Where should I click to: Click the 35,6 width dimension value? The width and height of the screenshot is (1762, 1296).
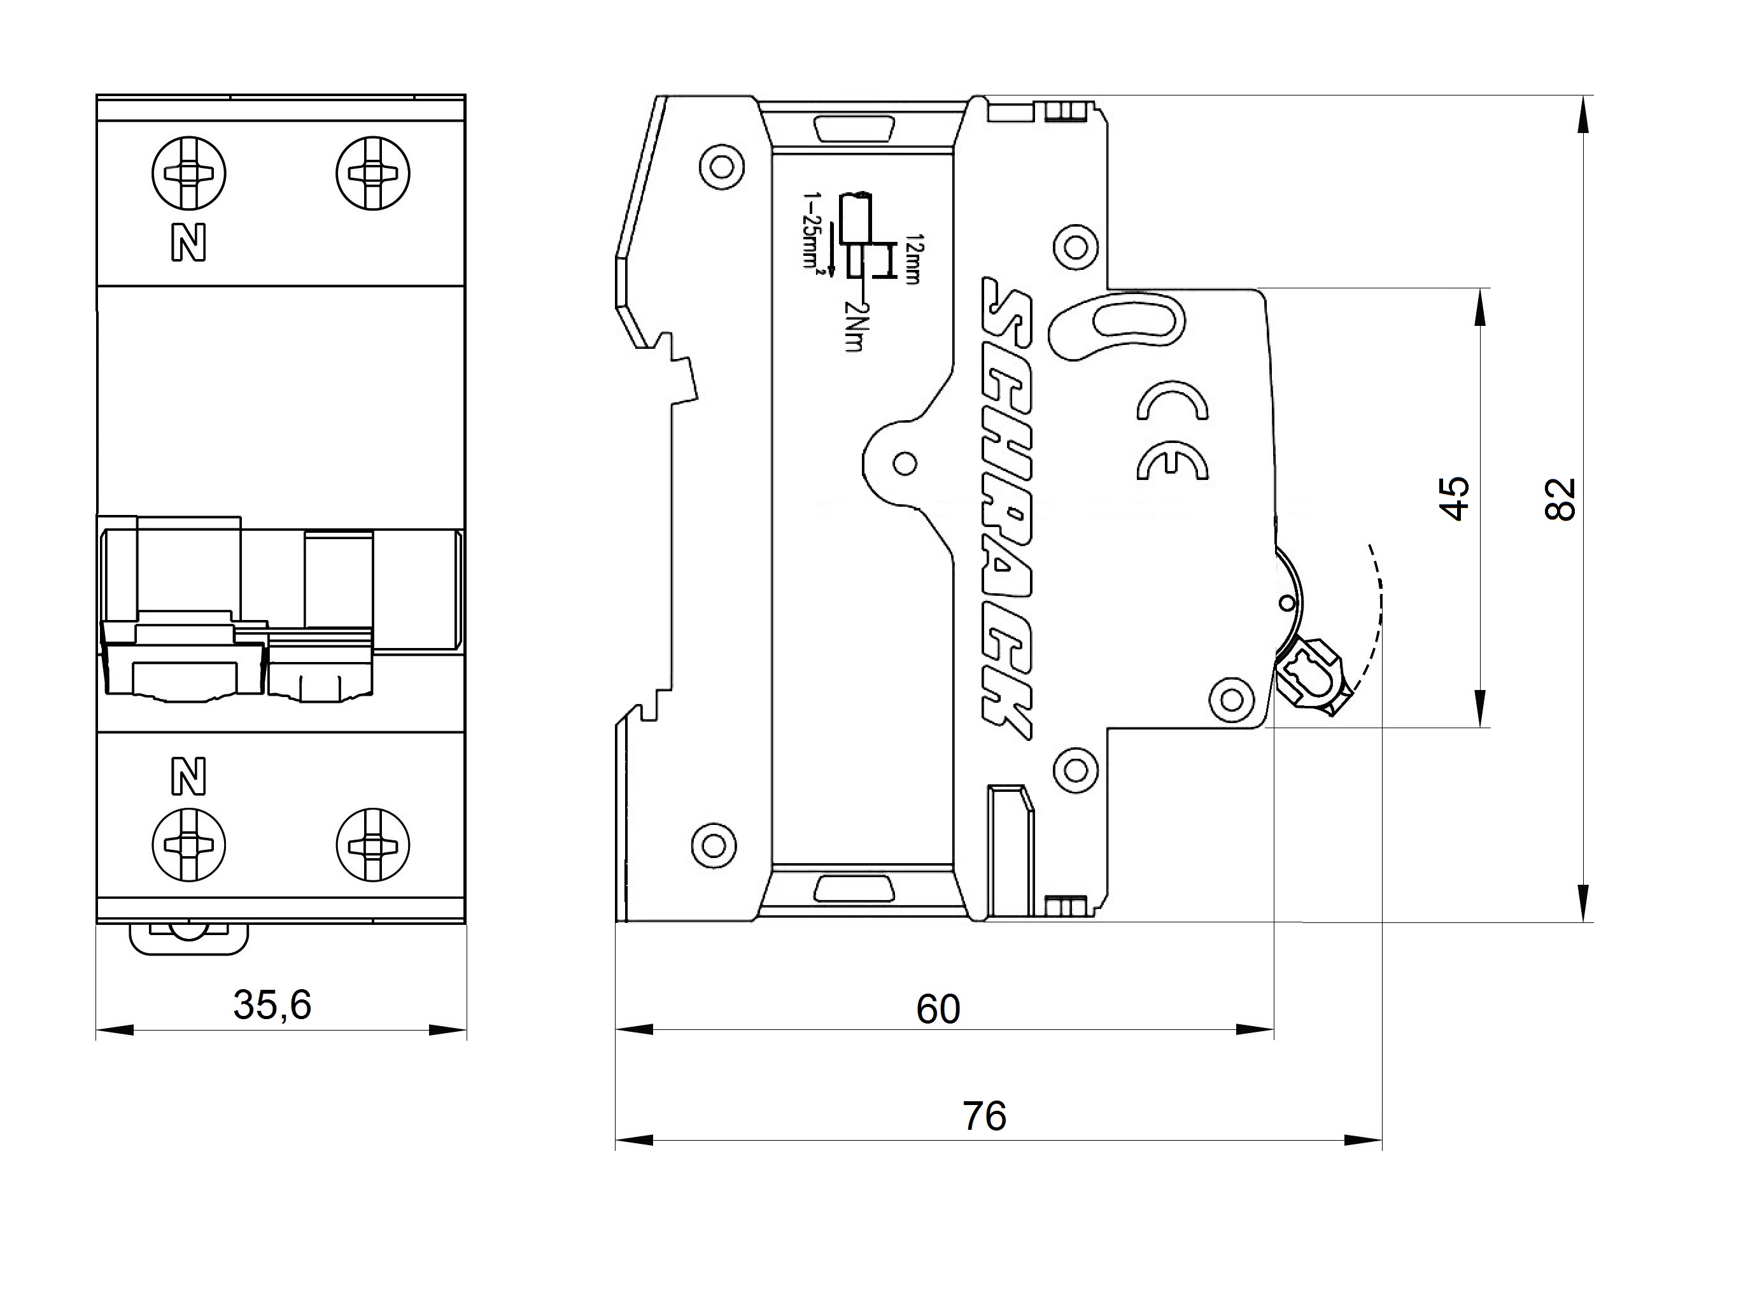272,1005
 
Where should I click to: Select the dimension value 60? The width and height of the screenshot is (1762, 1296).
938,1010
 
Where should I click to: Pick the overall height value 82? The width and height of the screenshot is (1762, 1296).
1560,499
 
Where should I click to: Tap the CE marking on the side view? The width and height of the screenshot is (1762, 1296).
1172,431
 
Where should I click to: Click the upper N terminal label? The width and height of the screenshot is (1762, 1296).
188,243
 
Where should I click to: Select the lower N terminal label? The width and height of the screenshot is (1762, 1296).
188,777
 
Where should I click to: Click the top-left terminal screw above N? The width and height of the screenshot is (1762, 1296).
188,173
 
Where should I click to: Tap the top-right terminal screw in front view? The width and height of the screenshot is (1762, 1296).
374,173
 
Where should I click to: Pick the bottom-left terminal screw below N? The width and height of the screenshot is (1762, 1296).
188,845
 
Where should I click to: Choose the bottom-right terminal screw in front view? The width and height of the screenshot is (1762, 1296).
374,845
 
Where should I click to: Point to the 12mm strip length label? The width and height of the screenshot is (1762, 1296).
911,259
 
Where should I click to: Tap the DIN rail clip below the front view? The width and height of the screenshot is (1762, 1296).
188,938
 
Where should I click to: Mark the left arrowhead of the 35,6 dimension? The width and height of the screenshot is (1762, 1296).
115,1030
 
